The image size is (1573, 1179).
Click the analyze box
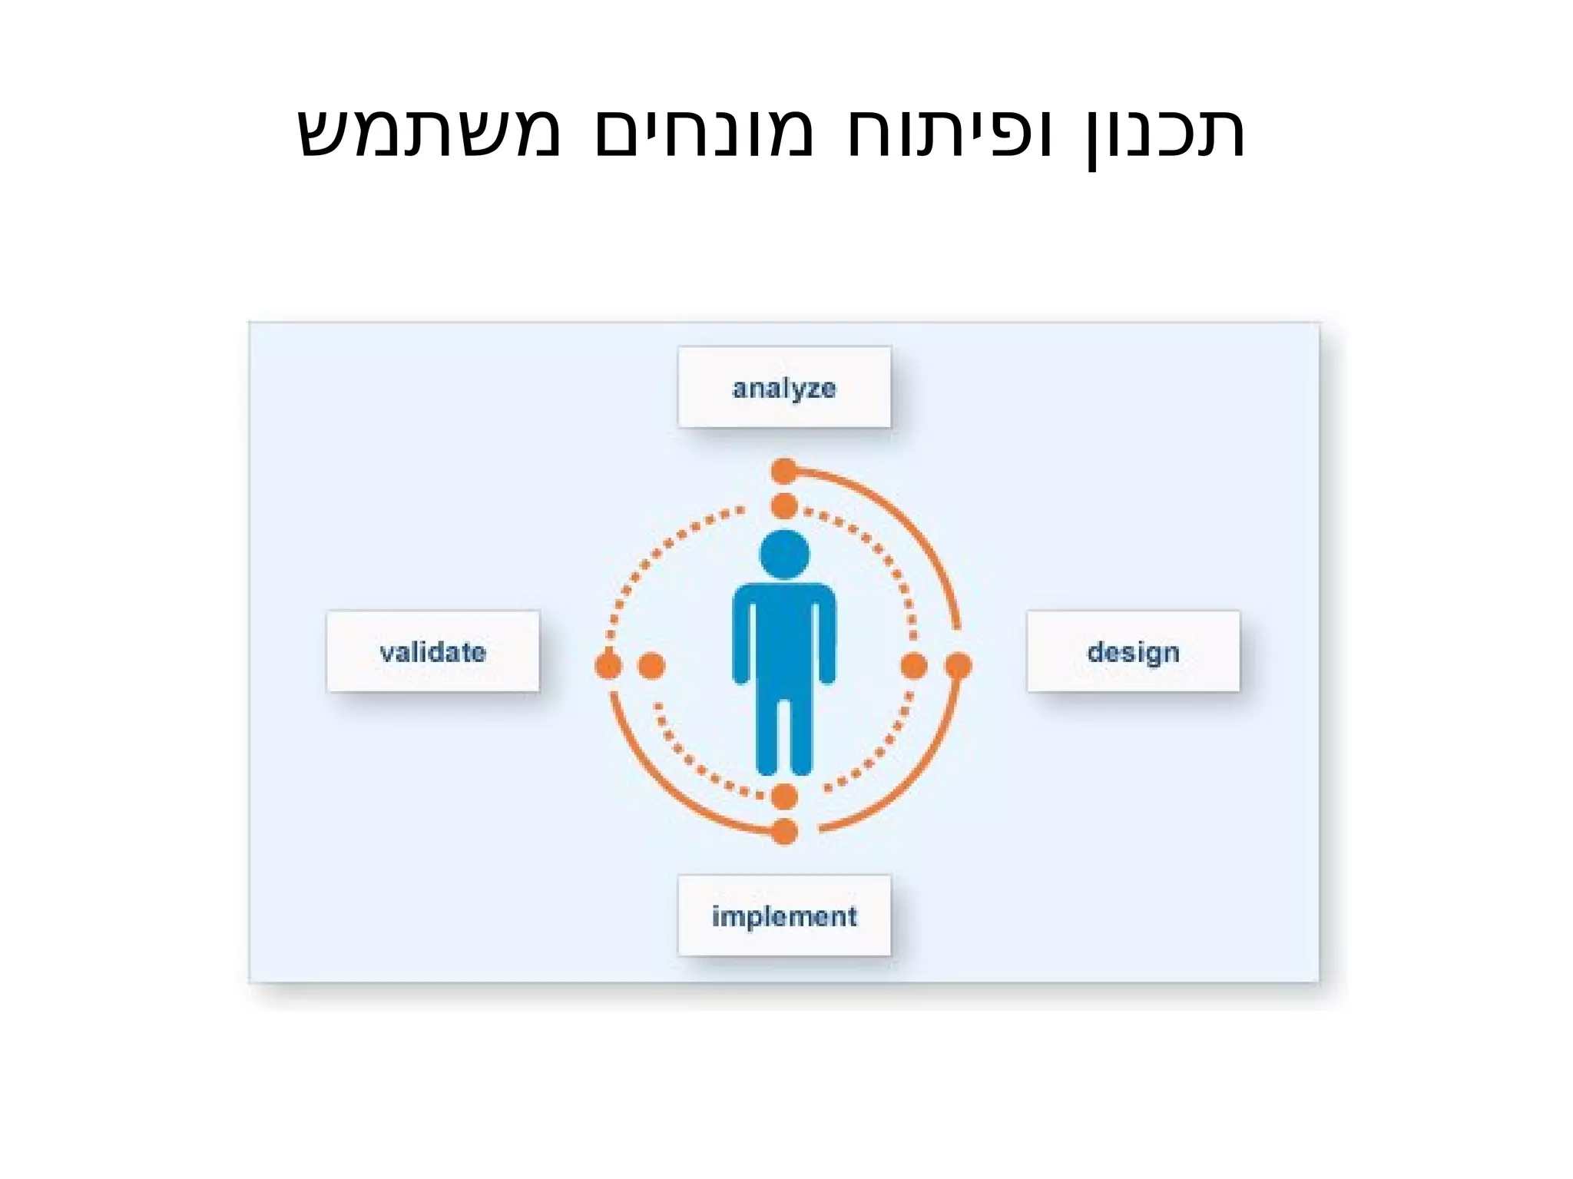click(x=784, y=387)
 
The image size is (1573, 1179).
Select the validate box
click(x=433, y=651)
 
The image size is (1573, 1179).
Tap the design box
click(x=1133, y=651)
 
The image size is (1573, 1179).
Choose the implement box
click(x=784, y=916)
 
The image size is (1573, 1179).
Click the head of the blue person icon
click(x=784, y=554)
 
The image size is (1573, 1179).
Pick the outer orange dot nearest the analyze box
click(x=784, y=471)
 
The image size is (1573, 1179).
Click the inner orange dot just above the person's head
click(x=784, y=507)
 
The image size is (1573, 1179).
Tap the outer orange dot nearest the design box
click(x=959, y=665)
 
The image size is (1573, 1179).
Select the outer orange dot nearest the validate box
click(x=608, y=665)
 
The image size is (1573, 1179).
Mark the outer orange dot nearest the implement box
click(x=784, y=831)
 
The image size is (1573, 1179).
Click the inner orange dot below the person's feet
click(x=784, y=796)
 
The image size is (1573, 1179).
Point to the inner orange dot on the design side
click(x=913, y=665)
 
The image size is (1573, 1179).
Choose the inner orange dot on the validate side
click(x=651, y=665)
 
